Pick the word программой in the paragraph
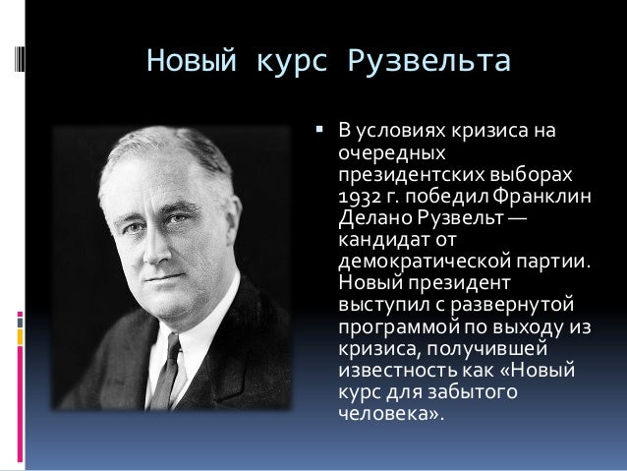tap(394, 326)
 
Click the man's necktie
tap(168, 369)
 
